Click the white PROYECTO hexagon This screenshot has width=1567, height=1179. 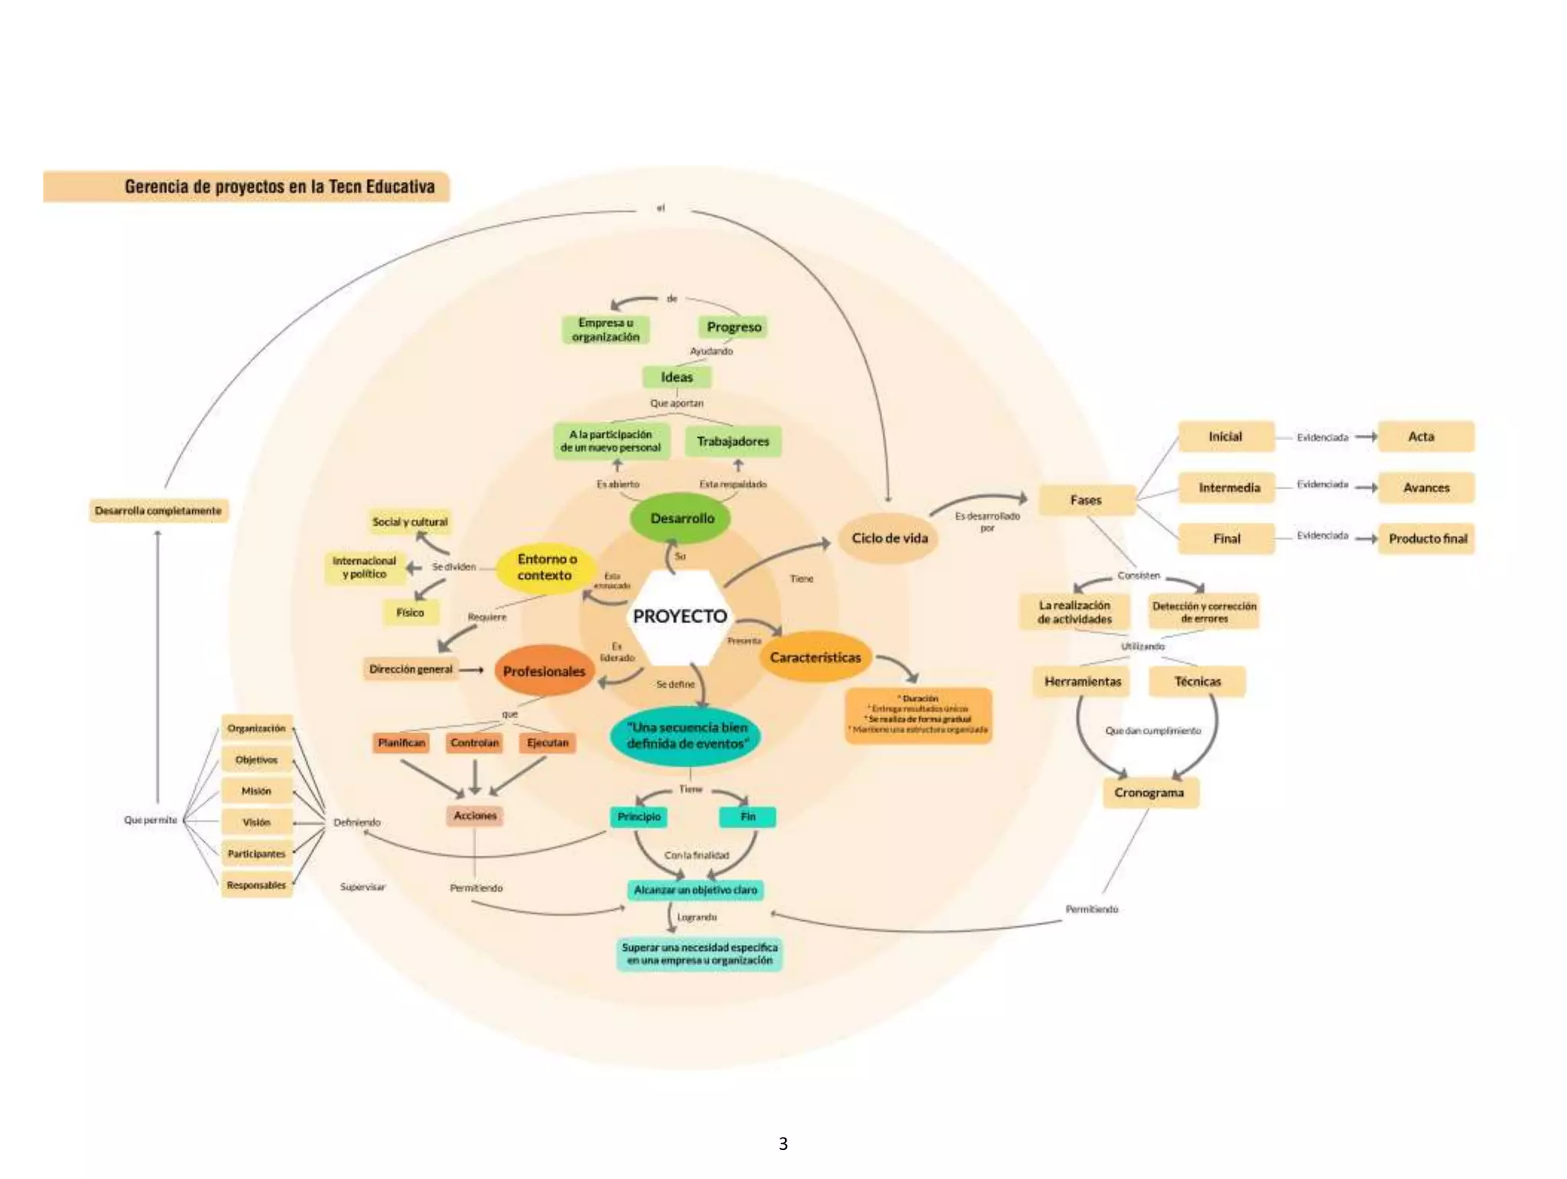(679, 616)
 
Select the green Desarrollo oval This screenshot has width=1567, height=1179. (681, 518)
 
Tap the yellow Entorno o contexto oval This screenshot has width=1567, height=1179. (546, 567)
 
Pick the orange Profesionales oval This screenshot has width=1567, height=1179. (544, 671)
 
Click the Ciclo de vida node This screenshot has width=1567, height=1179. (889, 538)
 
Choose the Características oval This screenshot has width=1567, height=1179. (815, 658)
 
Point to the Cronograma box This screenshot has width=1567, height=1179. (1149, 792)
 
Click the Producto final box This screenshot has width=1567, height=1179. (1427, 539)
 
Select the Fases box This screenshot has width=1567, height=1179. (1086, 500)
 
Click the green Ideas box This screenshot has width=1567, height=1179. (676, 377)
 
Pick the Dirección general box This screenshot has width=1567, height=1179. (411, 669)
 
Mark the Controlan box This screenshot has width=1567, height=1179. (474, 743)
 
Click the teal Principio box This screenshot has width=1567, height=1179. (639, 817)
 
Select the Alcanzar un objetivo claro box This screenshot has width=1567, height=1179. (695, 890)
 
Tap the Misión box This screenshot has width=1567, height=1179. (256, 791)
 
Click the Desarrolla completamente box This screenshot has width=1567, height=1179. (158, 511)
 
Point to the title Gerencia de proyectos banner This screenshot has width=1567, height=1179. (246, 187)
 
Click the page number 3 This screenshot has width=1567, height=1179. (783, 1144)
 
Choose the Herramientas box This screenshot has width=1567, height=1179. (1083, 681)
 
